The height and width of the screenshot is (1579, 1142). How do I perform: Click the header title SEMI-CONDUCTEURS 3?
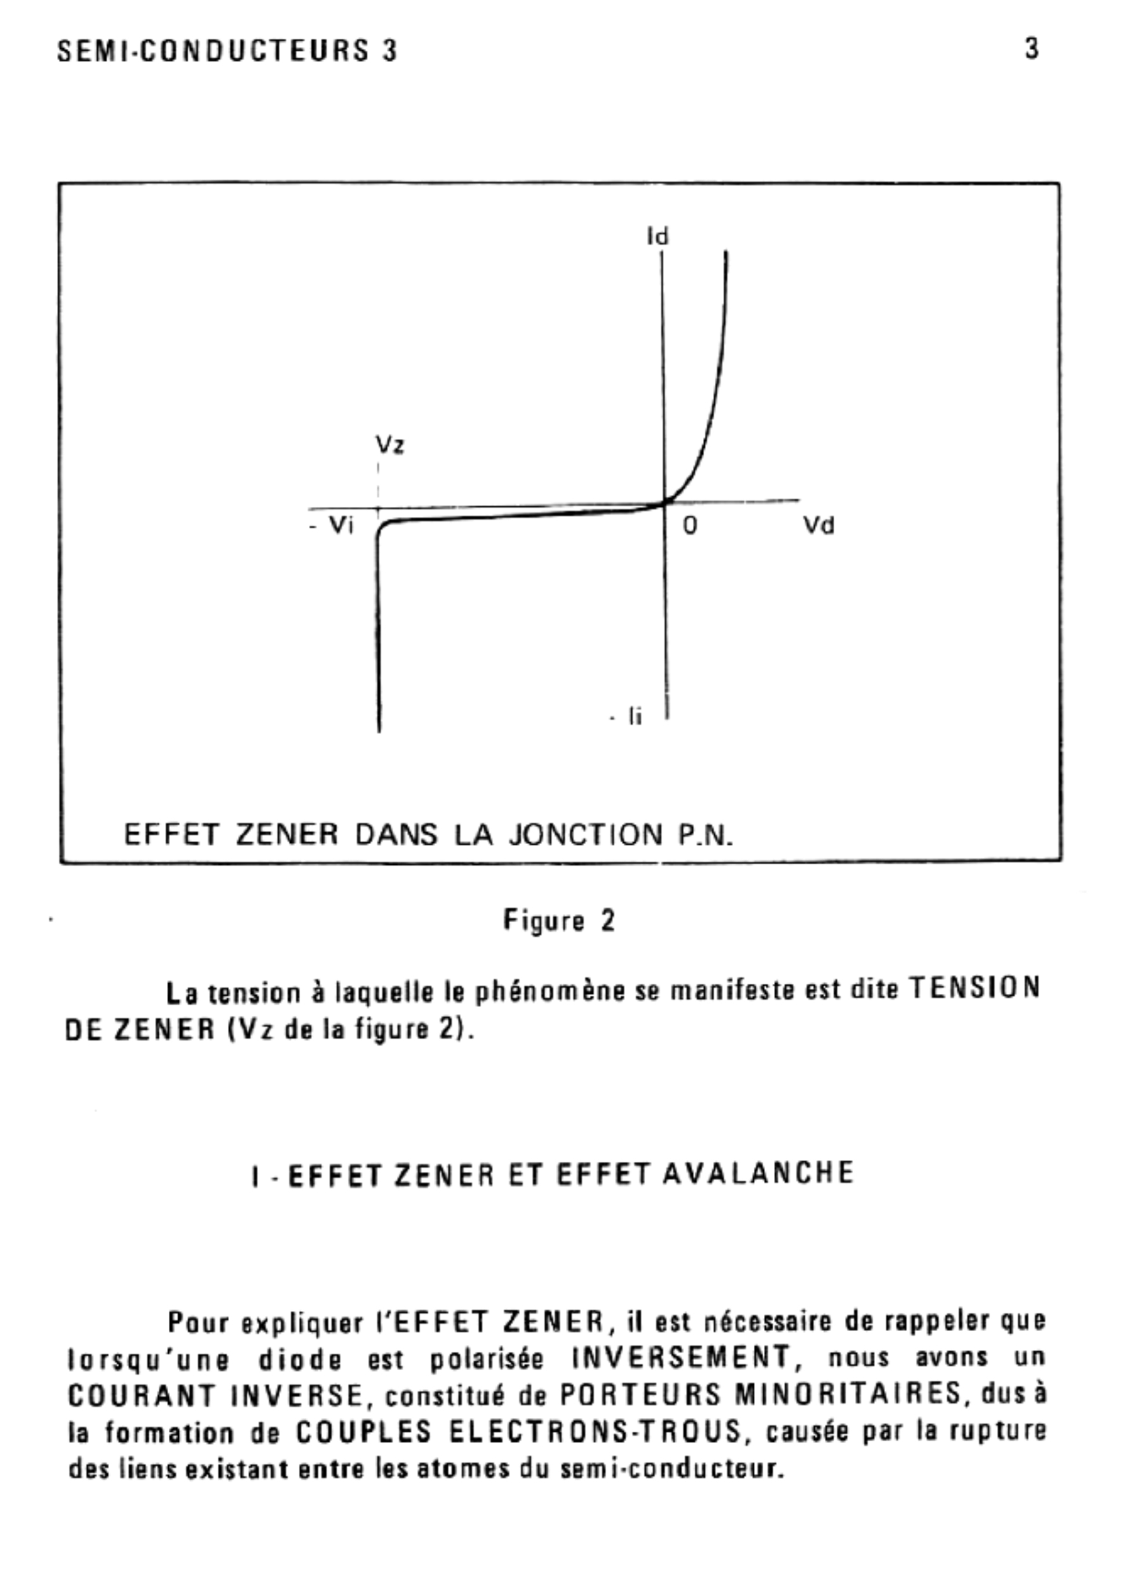pos(227,51)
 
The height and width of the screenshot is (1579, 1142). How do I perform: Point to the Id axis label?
pos(658,237)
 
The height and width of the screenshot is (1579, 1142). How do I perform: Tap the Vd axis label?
pos(818,525)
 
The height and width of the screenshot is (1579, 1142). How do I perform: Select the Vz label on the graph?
pos(390,444)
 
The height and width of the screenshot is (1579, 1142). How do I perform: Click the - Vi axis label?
pos(332,525)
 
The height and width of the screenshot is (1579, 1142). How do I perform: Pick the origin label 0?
pos(689,526)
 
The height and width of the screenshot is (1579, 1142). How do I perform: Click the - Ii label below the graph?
pos(628,717)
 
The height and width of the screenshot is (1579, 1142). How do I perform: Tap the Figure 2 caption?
pos(560,921)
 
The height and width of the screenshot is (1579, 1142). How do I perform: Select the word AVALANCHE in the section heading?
pos(759,1173)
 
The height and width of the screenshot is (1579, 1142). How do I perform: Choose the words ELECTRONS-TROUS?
pos(596,1431)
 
